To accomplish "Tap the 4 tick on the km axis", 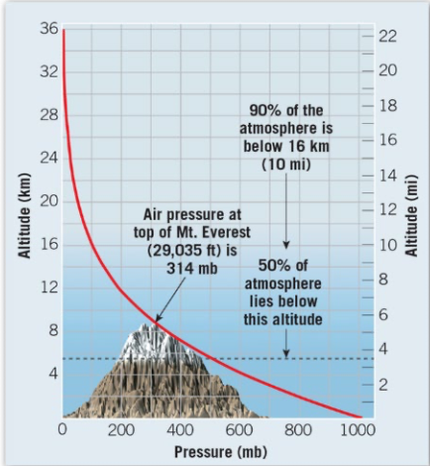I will point(52,374).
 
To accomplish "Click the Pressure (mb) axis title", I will point(211,451).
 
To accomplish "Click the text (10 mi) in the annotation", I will point(286,164).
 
